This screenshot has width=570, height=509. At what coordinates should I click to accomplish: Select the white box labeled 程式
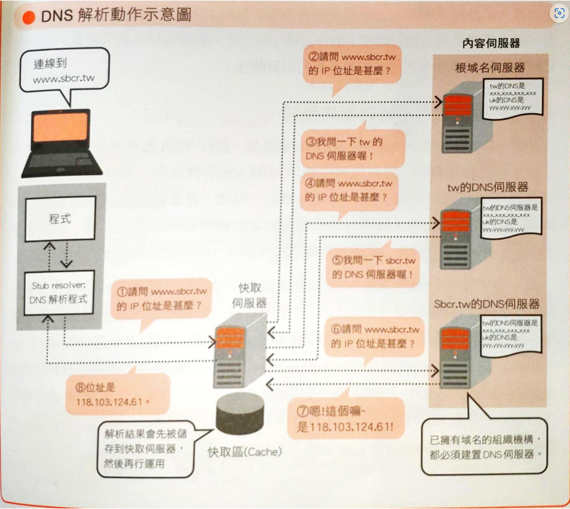(60, 219)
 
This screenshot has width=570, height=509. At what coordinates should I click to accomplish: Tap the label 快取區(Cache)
(245, 452)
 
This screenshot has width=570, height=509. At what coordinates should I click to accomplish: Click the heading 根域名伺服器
(489, 68)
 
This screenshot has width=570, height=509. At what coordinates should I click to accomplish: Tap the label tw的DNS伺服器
(488, 187)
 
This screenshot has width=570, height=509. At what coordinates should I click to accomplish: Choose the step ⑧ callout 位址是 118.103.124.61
(114, 394)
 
